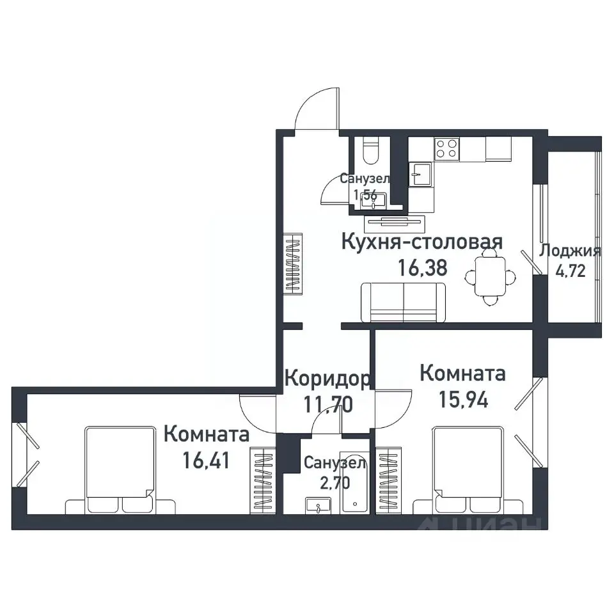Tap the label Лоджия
point(571,251)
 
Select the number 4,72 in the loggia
point(571,270)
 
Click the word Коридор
point(326,379)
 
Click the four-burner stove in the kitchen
point(446,149)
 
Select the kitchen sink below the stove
point(420,173)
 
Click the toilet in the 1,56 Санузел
point(370,153)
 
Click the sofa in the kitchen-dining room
point(404,303)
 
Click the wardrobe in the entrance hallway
point(293,264)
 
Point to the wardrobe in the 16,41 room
point(262,478)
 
